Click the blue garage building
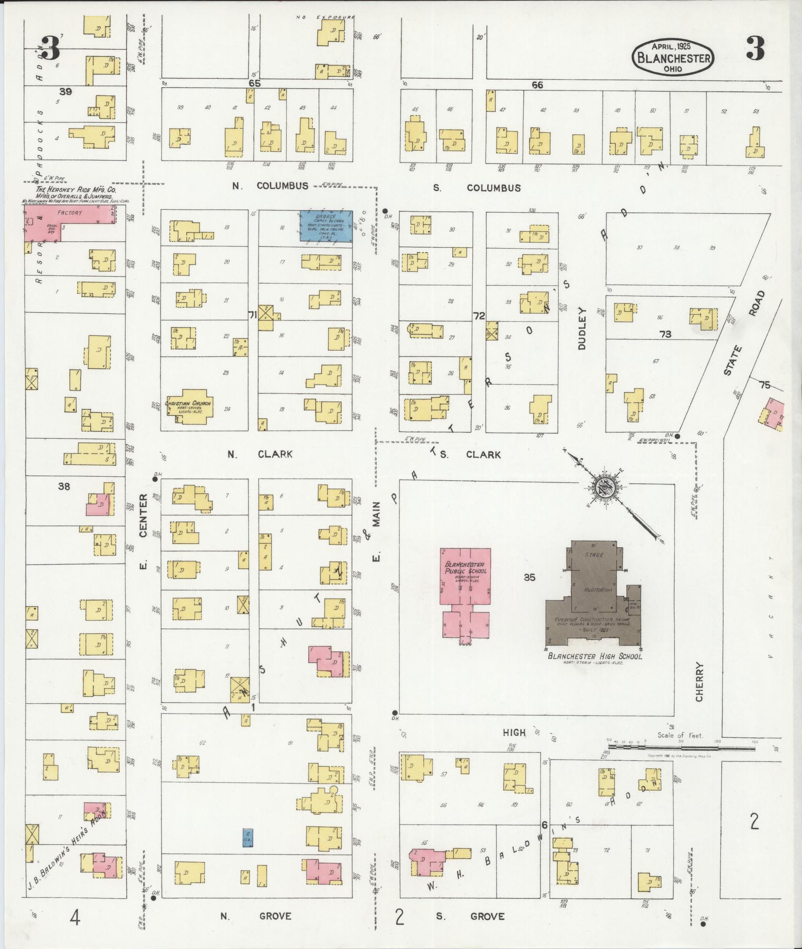click(x=326, y=226)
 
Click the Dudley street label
click(x=583, y=328)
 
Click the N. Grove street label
click(x=256, y=916)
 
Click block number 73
click(x=665, y=334)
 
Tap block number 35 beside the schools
click(x=529, y=577)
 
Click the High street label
click(x=514, y=732)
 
